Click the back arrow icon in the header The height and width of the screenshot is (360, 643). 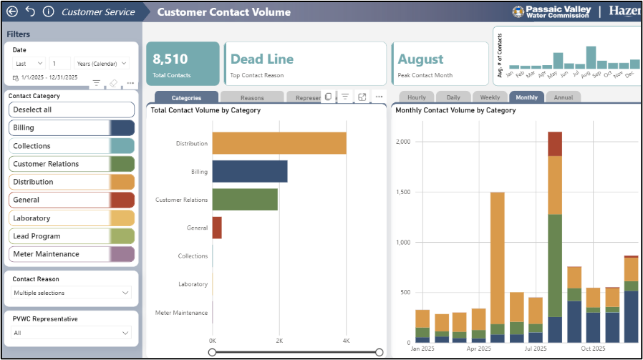(12, 11)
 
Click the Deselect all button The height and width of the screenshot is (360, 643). (72, 110)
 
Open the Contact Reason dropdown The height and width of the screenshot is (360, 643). (72, 293)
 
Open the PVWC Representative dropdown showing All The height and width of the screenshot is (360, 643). (72, 333)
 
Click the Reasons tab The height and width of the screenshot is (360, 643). (251, 97)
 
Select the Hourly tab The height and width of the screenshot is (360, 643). (416, 97)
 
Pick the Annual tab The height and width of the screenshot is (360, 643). (563, 97)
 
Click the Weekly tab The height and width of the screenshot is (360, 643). (490, 97)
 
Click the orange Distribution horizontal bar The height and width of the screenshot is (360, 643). (279, 143)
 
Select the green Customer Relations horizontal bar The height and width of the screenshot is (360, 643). (245, 200)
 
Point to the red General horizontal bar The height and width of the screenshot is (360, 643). (217, 228)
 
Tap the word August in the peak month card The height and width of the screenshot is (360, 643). (421, 59)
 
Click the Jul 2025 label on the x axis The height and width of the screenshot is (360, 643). (535, 349)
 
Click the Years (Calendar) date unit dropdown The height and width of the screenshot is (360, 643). (101, 63)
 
